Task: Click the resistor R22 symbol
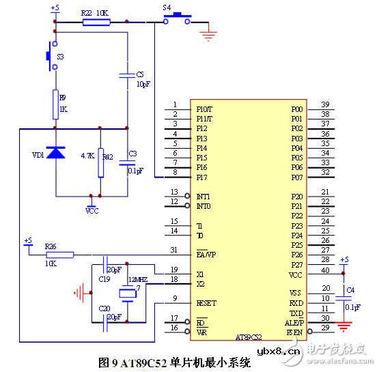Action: [96, 22]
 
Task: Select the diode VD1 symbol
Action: [55, 153]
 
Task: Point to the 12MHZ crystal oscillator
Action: [127, 293]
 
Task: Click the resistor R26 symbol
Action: [60, 255]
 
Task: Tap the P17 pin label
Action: [202, 177]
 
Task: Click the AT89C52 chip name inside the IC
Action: [249, 337]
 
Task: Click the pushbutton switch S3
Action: [51, 56]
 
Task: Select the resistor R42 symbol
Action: [101, 162]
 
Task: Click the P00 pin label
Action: [296, 109]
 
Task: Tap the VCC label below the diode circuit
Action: [92, 211]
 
